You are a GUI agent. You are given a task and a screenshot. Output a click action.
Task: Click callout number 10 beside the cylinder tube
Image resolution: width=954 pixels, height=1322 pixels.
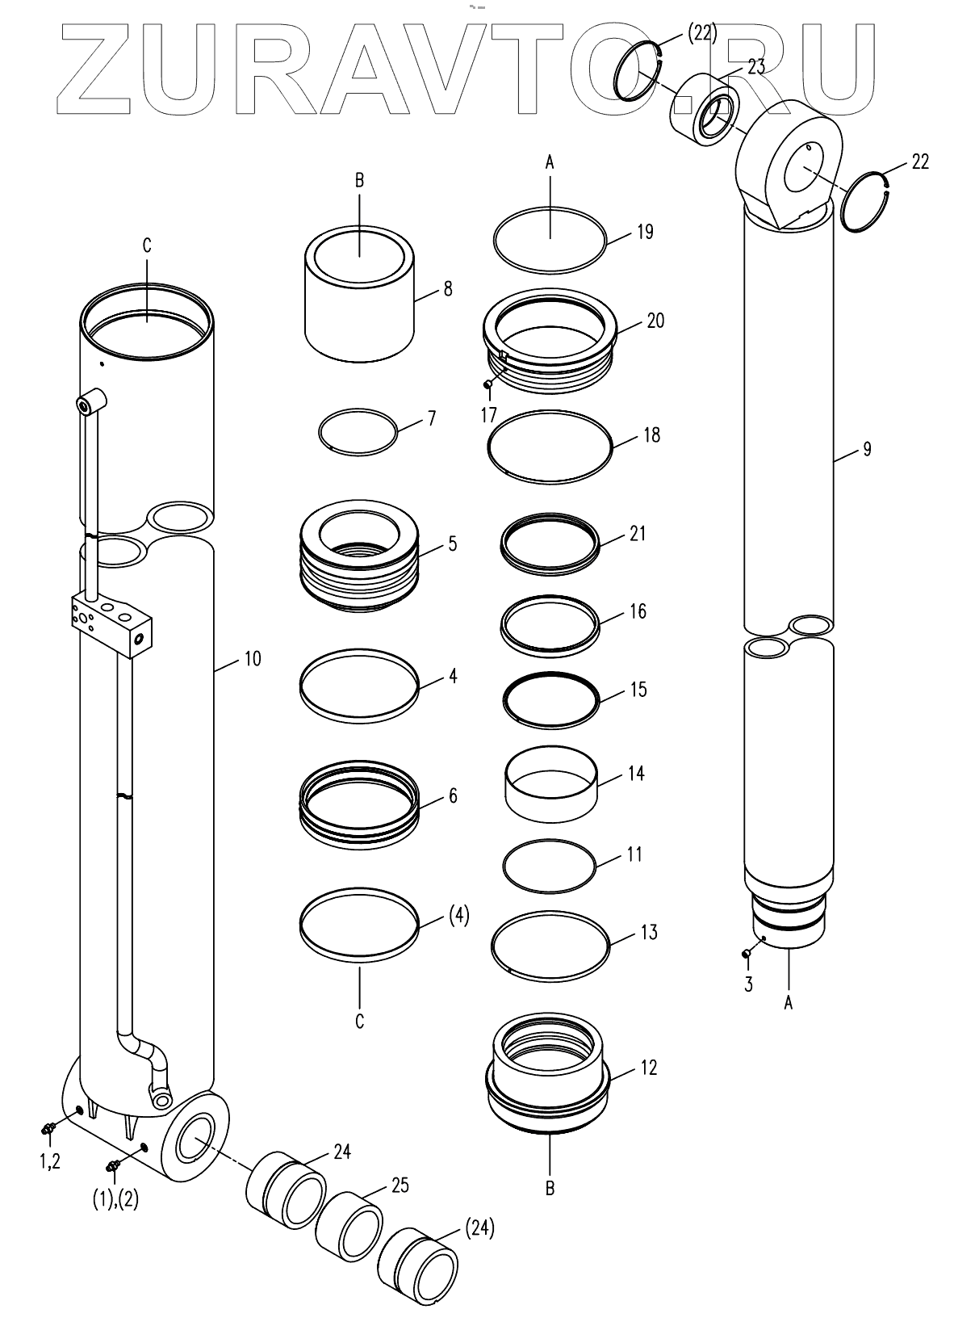coord(253,659)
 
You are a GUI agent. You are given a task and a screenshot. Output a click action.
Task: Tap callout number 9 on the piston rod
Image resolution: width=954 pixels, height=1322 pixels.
coord(867,449)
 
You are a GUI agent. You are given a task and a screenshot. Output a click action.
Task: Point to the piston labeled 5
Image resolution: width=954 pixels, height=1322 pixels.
coord(359,557)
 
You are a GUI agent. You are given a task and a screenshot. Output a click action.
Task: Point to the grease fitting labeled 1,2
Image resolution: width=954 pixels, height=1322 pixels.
coord(48,1127)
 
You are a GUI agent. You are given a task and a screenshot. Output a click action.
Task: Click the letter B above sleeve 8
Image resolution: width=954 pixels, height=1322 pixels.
coord(360,181)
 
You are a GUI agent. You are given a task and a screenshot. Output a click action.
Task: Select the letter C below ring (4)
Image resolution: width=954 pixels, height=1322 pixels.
coord(360,1022)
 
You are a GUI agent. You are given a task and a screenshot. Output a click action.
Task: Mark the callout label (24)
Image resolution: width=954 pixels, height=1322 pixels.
coord(479,1230)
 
